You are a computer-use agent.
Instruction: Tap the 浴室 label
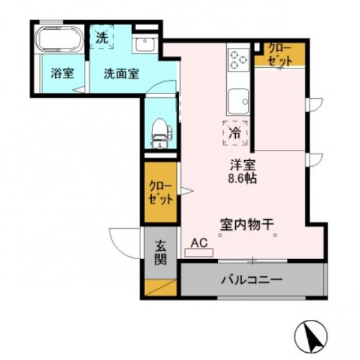pos(62,74)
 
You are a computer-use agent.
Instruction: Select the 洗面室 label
pos(121,74)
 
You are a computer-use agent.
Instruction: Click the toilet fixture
pos(160,131)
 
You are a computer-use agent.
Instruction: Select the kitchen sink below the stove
pos(238,100)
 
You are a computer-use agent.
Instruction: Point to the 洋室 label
pos(242,164)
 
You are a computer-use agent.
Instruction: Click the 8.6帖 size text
pos(242,178)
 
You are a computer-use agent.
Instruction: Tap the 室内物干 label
pos(247,224)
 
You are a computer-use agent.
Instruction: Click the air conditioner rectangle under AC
pos(199,253)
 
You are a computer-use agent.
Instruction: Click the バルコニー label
pos(251,280)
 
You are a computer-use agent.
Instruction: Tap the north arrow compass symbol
pos(313,335)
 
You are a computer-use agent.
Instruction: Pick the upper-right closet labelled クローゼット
pos(279,54)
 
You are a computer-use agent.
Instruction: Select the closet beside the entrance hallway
pos(161,192)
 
